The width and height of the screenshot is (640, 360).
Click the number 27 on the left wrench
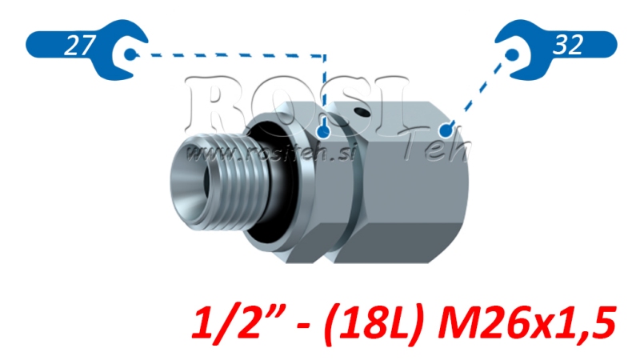click(x=77, y=46)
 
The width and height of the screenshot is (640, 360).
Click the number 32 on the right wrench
click(x=567, y=46)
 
